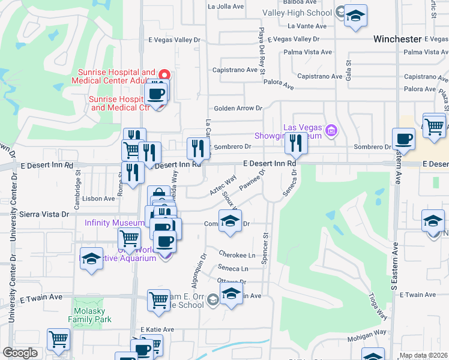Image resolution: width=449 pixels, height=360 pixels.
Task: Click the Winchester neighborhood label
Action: pyautogui.click(x=397, y=39)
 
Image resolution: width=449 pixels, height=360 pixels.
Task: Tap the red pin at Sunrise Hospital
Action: pyautogui.click(x=166, y=75)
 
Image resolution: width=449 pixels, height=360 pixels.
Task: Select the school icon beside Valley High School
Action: pyautogui.click(x=356, y=17)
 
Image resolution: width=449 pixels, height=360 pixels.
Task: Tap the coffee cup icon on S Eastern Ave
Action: pyautogui.click(x=403, y=138)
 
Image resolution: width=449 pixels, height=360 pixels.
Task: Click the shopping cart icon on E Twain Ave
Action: pyautogui.click(x=158, y=299)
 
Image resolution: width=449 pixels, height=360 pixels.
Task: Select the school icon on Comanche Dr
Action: pyautogui.click(x=230, y=221)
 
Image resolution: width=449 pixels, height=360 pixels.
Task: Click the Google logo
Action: pyautogui.click(x=20, y=353)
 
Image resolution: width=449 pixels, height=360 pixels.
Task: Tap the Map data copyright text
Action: pyautogui.click(x=424, y=355)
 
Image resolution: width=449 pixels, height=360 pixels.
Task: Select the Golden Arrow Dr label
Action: pyautogui.click(x=238, y=109)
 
